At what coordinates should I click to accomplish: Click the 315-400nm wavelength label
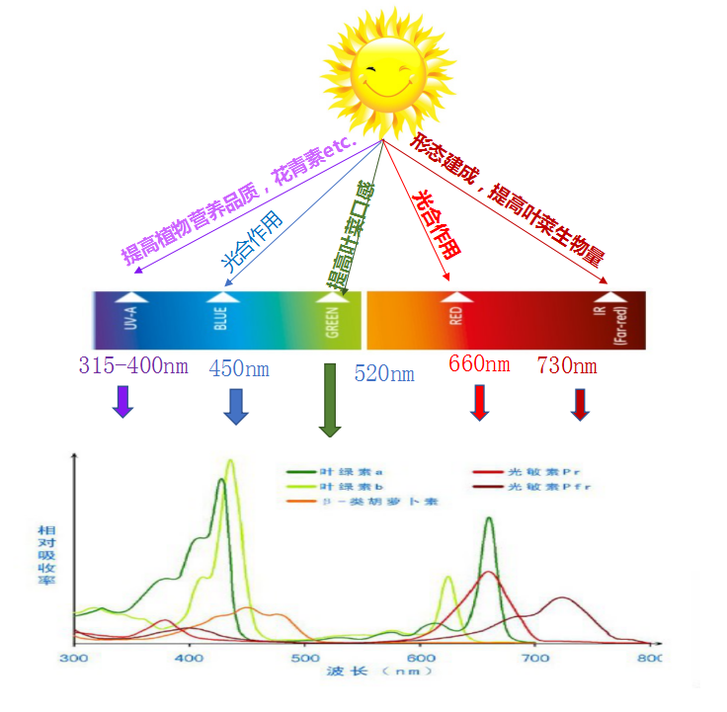coord(132,366)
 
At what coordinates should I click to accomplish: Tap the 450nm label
coord(238,369)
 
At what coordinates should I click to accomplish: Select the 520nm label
coord(384,373)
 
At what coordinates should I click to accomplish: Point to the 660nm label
coord(479,363)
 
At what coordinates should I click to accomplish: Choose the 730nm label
coord(567,365)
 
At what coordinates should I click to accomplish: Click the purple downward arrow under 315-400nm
coord(122,401)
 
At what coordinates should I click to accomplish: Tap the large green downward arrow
coord(330,400)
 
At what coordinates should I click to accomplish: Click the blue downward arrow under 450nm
coord(235,406)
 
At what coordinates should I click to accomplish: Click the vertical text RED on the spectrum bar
coord(455,316)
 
